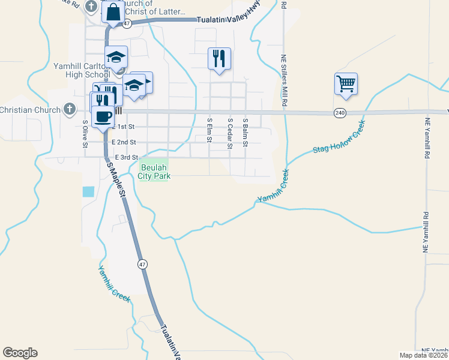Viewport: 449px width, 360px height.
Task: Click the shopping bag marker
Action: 112,12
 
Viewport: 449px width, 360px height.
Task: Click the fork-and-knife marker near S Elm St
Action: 218,58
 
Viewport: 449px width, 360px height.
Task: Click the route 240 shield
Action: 340,113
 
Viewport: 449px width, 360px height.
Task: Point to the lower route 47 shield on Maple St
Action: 142,264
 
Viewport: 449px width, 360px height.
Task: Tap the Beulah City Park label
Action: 154,172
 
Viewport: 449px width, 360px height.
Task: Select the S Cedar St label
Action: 229,130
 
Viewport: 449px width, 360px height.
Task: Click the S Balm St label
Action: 245,131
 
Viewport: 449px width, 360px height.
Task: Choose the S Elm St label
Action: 209,130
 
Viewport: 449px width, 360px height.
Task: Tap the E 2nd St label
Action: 124,142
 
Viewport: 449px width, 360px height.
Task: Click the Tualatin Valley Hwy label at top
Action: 229,19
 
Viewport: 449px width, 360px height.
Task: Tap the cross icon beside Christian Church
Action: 70,110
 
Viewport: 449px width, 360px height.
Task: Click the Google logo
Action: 20,353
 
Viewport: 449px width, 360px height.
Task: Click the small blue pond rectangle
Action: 88,191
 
